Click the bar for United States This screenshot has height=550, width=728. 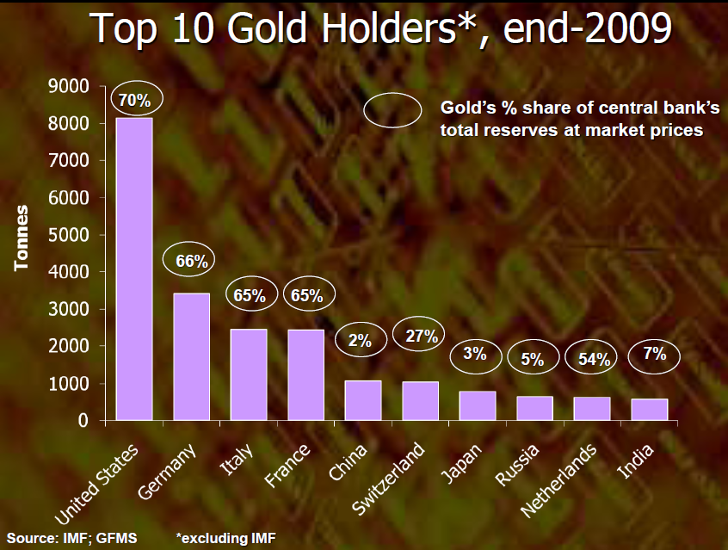(x=134, y=269)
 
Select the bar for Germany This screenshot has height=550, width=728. (x=191, y=356)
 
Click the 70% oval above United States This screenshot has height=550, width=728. (x=134, y=101)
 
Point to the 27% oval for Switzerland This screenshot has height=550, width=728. (x=420, y=335)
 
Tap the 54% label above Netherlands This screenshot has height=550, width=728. (x=592, y=360)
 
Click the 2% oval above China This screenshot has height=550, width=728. (x=360, y=340)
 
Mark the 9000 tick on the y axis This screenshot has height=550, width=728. (x=71, y=86)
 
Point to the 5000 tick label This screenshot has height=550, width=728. (x=71, y=235)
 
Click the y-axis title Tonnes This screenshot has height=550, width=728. (x=22, y=238)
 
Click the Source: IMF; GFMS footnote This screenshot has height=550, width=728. (x=72, y=539)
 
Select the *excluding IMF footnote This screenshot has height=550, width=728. (x=226, y=539)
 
